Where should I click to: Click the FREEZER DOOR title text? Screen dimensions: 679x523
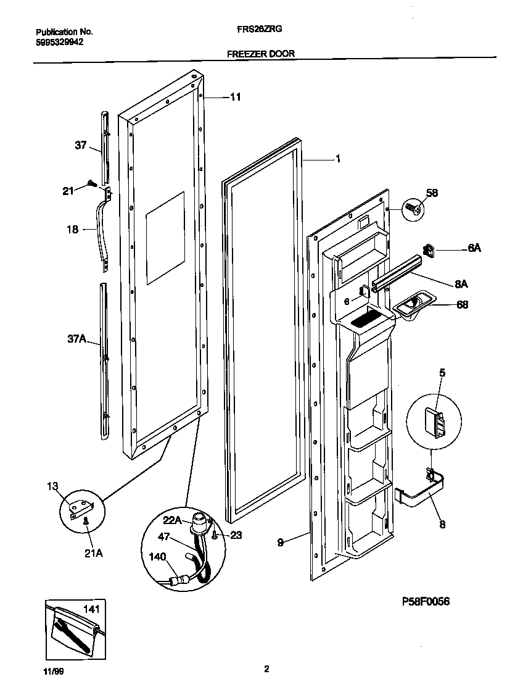pyautogui.click(x=260, y=54)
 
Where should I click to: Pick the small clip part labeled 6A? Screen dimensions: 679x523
pyautogui.click(x=429, y=249)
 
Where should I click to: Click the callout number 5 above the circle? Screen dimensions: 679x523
pyautogui.click(x=442, y=373)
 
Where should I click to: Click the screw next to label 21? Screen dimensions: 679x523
pyautogui.click(x=93, y=183)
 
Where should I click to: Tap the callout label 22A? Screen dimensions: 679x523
pyautogui.click(x=173, y=521)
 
